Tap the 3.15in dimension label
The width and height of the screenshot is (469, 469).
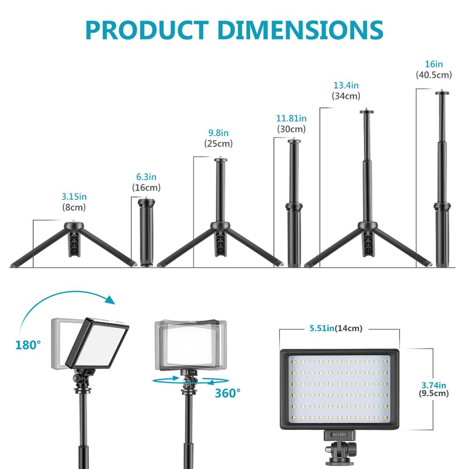click(74, 196)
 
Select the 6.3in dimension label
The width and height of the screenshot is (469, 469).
click(146, 177)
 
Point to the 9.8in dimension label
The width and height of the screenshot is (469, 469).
click(218, 133)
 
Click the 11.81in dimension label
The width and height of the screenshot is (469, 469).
click(291, 118)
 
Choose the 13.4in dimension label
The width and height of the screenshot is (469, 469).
click(346, 85)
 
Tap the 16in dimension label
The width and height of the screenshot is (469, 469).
click(433, 64)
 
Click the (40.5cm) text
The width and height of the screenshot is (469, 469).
click(433, 75)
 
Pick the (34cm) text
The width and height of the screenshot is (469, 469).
click(346, 96)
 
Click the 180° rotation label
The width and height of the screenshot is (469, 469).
click(28, 345)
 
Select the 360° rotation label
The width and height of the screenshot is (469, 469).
click(227, 393)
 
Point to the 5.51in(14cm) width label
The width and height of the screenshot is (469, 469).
click(336, 328)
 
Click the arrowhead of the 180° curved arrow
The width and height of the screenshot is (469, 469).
click(111, 299)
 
